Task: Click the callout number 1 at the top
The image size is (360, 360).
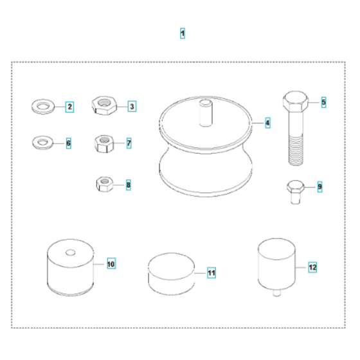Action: click(x=183, y=33)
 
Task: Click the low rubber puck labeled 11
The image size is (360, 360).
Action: click(x=171, y=272)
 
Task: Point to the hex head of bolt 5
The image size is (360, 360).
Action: click(x=294, y=102)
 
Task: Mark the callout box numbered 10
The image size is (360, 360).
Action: click(x=111, y=264)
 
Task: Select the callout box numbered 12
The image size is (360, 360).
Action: click(x=312, y=265)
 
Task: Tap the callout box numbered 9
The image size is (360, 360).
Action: click(x=319, y=187)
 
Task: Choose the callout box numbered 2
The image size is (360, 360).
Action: click(x=69, y=107)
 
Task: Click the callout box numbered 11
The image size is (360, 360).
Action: click(x=211, y=273)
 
